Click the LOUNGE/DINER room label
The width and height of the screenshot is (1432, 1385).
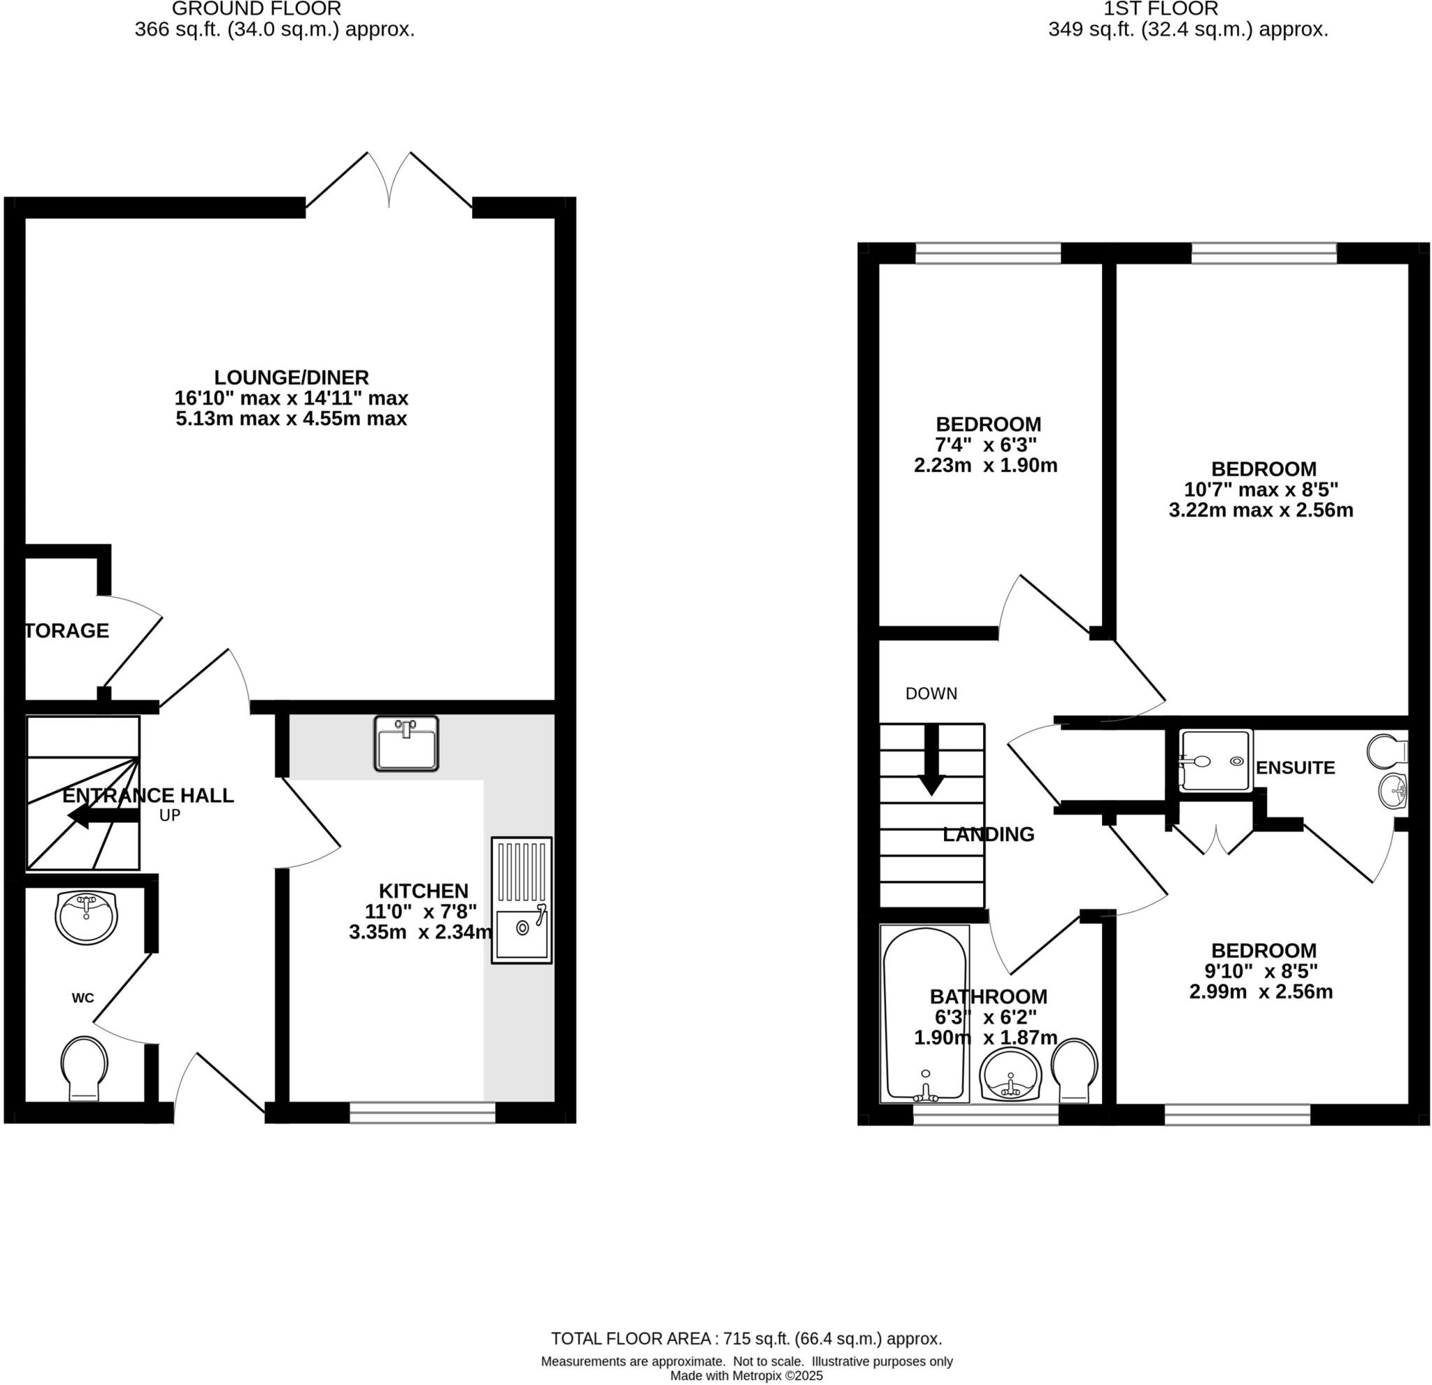291,378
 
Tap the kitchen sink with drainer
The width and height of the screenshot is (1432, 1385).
521,900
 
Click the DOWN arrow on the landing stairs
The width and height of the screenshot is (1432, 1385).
931,760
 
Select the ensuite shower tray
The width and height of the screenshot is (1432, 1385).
1215,761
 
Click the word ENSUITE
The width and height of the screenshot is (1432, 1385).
1296,768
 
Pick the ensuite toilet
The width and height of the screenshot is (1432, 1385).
1386,750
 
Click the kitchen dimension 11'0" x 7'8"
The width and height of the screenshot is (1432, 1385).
421,911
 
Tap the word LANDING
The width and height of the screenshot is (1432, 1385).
988,834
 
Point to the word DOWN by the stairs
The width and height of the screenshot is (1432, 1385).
931,694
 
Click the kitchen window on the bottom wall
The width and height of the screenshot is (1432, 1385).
422,1112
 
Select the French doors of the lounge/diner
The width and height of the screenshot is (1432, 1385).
389,182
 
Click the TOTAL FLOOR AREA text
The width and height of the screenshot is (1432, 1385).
746,1338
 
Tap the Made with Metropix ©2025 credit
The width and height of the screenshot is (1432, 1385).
746,1376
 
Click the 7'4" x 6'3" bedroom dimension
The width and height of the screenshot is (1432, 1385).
987,444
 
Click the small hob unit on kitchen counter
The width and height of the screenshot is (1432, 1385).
406,744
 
